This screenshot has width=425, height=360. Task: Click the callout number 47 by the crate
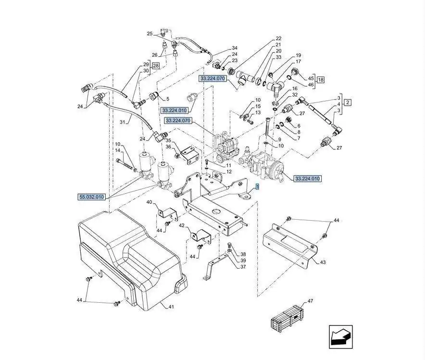[x=310, y=301]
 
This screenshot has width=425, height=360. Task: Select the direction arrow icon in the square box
[x=341, y=336]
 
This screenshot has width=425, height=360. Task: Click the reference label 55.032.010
[x=91, y=197]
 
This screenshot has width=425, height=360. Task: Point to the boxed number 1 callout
[x=257, y=186]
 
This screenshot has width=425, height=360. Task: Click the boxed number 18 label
[x=321, y=79]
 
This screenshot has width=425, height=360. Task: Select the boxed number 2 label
[x=348, y=102]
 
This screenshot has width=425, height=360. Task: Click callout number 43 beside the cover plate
[x=322, y=262]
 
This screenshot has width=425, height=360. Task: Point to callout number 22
[x=278, y=38]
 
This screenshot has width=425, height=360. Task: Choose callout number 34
[x=234, y=48]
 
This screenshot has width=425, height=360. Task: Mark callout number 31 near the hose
[x=122, y=123]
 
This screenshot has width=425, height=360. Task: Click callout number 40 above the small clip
[x=149, y=202]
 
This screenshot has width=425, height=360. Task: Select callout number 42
[x=182, y=225]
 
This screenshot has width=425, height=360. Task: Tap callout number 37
[x=243, y=267]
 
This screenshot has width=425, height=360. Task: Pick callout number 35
[x=168, y=141]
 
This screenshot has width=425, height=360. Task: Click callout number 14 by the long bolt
[x=118, y=151]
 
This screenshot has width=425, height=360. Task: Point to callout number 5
[x=167, y=99]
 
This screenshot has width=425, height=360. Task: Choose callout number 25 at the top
[x=150, y=34]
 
